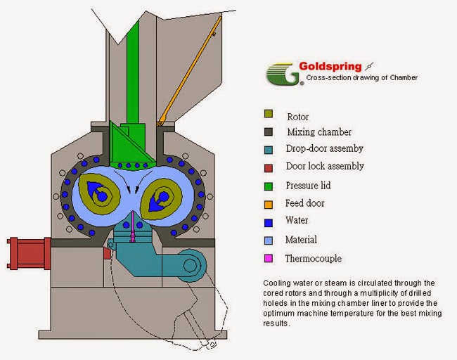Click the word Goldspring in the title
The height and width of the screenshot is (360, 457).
pyautogui.click(x=330, y=67)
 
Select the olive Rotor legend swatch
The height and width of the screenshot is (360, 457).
pyautogui.click(x=269, y=114)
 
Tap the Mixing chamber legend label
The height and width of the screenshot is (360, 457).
pyautogui.click(x=318, y=131)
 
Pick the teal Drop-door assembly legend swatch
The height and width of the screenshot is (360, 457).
pyautogui.click(x=269, y=149)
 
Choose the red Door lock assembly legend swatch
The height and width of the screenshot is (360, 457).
pyautogui.click(x=269, y=167)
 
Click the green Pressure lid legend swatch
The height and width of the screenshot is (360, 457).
pyautogui.click(x=269, y=186)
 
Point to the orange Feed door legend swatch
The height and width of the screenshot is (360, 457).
pyautogui.click(x=269, y=204)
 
